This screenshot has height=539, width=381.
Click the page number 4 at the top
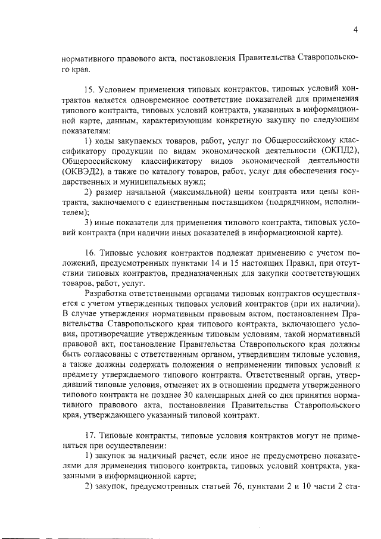coord(355,29)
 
